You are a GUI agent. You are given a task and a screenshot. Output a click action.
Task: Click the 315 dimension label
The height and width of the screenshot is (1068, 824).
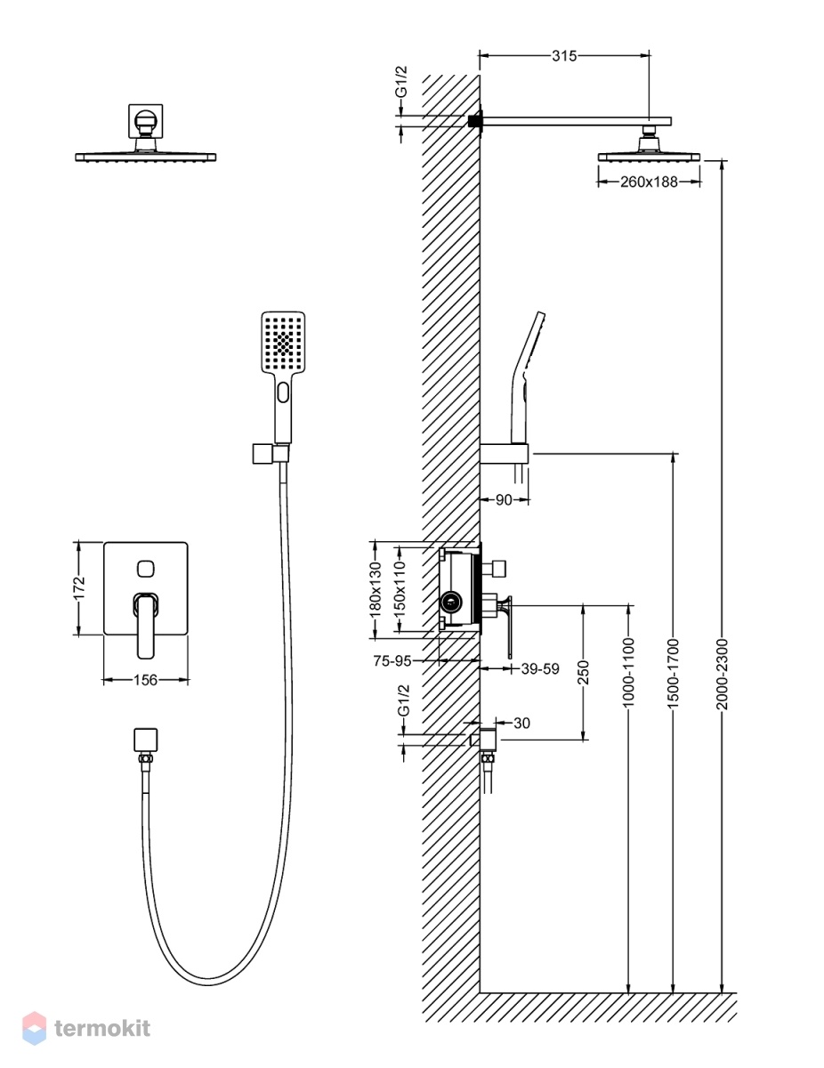click(563, 56)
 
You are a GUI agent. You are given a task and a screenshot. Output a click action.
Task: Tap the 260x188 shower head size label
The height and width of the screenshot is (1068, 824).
click(649, 182)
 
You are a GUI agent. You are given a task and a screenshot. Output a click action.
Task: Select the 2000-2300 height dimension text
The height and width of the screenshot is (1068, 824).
click(722, 674)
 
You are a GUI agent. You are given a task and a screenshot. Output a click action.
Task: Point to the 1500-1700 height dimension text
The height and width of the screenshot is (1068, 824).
click(673, 674)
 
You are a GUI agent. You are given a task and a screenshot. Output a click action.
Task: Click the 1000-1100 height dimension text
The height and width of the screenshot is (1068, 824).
click(629, 673)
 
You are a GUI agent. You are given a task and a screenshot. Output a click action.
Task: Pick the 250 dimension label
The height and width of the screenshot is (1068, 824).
click(583, 672)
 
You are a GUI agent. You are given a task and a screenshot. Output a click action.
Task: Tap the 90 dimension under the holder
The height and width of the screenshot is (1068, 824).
click(504, 500)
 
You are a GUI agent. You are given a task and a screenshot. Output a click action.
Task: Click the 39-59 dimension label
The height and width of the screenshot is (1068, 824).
click(540, 669)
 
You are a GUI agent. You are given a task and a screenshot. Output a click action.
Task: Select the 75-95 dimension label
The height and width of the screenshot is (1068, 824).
click(392, 661)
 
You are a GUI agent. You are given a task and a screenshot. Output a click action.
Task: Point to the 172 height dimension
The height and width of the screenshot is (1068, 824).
click(79, 587)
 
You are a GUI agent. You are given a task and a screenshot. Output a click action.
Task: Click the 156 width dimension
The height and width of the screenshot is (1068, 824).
click(145, 680)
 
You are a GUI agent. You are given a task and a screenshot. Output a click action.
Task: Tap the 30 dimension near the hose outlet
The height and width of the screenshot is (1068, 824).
click(521, 723)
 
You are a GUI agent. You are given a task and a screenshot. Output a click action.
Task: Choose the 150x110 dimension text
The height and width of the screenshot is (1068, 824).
click(400, 590)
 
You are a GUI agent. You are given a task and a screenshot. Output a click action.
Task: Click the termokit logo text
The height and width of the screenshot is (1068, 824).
click(102, 1028)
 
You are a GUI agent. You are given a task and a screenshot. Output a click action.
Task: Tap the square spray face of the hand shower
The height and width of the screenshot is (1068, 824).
click(283, 342)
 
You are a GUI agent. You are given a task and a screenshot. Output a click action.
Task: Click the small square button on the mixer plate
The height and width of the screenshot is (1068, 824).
click(145, 569)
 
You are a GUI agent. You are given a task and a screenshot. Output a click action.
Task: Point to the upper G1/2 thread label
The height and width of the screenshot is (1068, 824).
click(402, 81)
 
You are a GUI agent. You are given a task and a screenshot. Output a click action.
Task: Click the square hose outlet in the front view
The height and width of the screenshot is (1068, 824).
click(145, 740)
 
